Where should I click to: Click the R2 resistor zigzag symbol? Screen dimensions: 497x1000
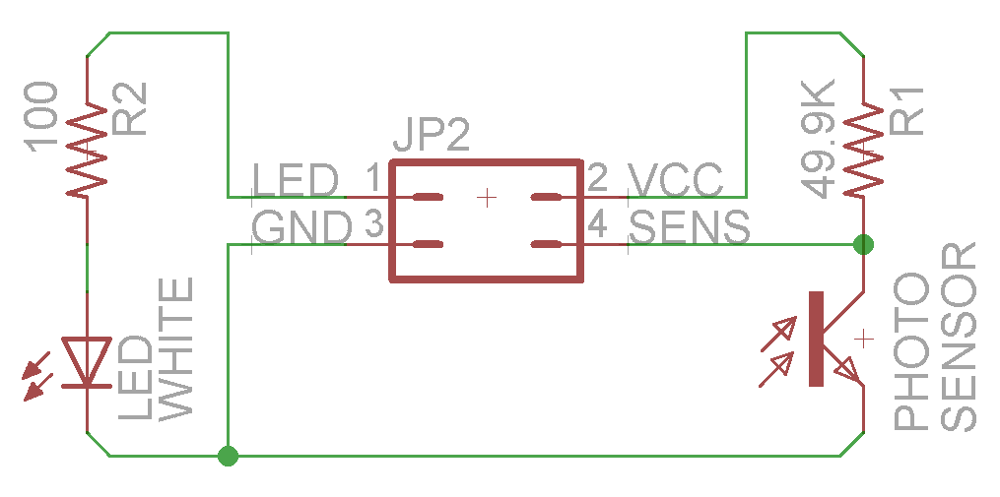pyautogui.click(x=87, y=150)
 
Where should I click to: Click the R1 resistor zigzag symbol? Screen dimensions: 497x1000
pyautogui.click(x=863, y=150)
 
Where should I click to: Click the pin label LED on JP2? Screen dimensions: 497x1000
pyautogui.click(x=296, y=180)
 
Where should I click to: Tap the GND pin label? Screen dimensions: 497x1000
pyautogui.click(x=301, y=229)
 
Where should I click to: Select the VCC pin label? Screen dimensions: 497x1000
pyautogui.click(x=677, y=180)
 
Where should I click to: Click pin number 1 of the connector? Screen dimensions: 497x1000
pyautogui.click(x=373, y=179)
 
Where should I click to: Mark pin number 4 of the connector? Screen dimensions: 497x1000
pyautogui.click(x=597, y=227)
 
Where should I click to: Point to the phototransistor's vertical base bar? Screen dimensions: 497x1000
pyautogui.click(x=816, y=339)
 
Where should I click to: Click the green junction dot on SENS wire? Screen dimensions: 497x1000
pyautogui.click(x=863, y=243)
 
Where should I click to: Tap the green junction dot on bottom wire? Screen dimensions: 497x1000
pyautogui.click(x=228, y=456)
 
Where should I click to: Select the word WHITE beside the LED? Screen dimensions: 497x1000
pyautogui.click(x=175, y=349)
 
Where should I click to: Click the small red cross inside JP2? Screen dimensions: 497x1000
pyautogui.click(x=486, y=198)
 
